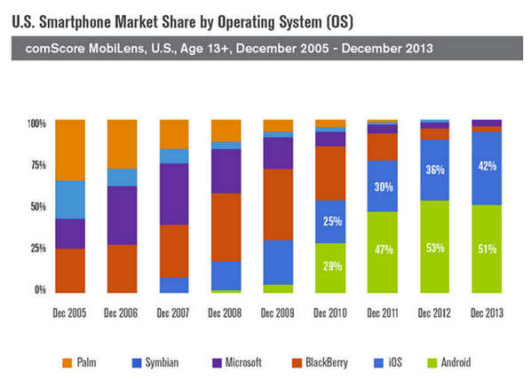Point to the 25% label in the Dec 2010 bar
coord(331,221)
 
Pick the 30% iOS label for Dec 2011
coord(383,186)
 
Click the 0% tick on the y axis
coord(40,289)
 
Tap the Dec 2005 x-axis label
coord(70,313)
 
